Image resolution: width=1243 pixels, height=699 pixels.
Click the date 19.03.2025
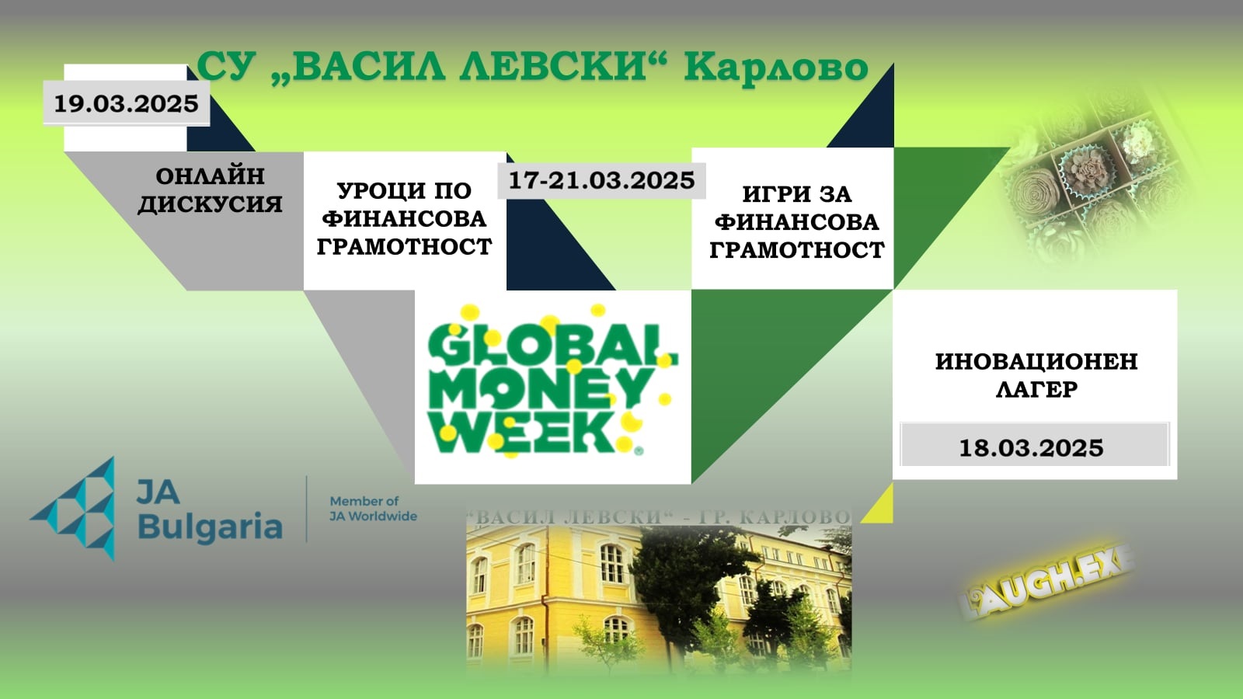click(127, 104)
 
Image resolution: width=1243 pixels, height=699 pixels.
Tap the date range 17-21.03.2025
click(601, 180)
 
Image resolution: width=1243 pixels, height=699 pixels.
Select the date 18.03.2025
click(1032, 447)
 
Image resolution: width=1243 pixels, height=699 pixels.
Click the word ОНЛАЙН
click(211, 176)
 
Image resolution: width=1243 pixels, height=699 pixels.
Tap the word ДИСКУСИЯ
click(211, 204)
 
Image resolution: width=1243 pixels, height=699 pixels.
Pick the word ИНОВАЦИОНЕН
click(1036, 361)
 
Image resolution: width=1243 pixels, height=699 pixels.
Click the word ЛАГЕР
click(1036, 389)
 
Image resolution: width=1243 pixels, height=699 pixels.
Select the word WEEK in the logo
click(521, 432)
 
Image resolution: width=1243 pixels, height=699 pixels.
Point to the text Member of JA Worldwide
click(373, 509)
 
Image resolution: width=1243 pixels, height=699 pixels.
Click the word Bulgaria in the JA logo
click(210, 527)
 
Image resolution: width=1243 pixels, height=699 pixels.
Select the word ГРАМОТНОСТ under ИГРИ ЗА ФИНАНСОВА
click(797, 250)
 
